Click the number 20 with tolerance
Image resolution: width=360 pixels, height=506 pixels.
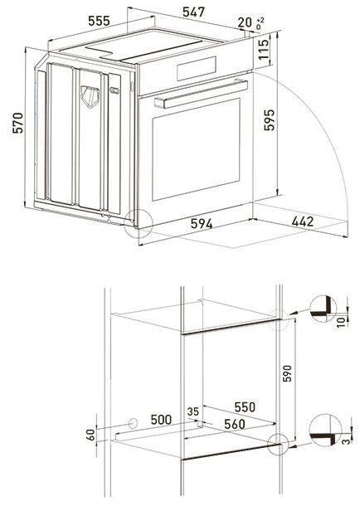tap(246, 22)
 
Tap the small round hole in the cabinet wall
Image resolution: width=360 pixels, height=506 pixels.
tap(131, 422)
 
